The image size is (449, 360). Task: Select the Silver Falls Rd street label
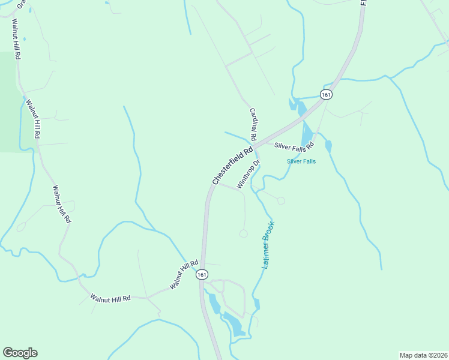click(294, 146)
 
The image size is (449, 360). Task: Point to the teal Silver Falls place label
click(301, 161)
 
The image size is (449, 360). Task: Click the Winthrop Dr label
click(248, 174)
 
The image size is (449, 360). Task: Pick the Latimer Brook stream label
click(268, 245)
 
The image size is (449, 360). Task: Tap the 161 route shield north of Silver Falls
click(326, 95)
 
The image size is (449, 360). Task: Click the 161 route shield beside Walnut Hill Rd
click(202, 274)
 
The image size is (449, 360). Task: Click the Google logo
click(20, 353)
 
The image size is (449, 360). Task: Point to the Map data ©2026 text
click(423, 355)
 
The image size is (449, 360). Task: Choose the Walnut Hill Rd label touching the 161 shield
click(184, 275)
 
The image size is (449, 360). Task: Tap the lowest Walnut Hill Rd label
click(110, 298)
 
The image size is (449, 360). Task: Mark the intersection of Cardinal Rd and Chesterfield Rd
click(255, 145)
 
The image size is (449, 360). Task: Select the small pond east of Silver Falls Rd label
click(328, 146)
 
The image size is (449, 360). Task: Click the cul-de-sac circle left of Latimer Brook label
click(243, 233)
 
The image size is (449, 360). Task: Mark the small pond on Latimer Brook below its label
click(256, 304)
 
